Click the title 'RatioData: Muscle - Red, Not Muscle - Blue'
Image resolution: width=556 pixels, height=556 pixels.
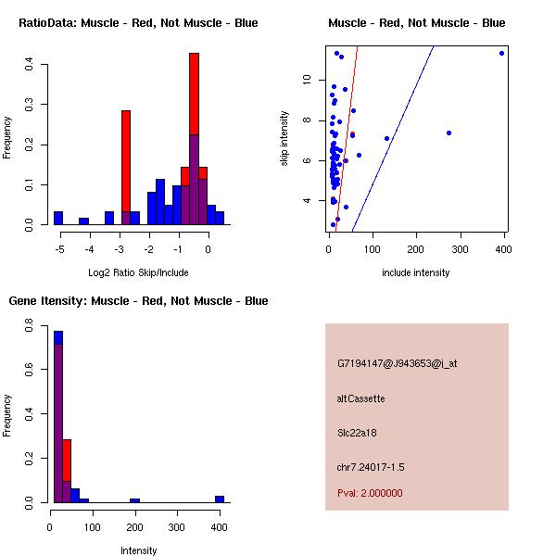pyautogui.click(x=138, y=22)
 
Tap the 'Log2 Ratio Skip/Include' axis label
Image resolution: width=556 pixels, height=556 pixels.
pyautogui.click(x=138, y=272)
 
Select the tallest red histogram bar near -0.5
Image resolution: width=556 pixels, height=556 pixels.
pyautogui.click(x=195, y=93)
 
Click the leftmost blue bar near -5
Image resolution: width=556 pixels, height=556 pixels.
pyautogui.click(x=58, y=218)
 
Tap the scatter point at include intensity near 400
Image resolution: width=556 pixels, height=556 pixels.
pyautogui.click(x=501, y=53)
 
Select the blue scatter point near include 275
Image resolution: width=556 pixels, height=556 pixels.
pyautogui.click(x=449, y=133)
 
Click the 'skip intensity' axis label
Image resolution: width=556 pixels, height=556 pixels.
pyautogui.click(x=285, y=139)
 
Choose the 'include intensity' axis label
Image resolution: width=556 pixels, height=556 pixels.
pyautogui.click(x=416, y=272)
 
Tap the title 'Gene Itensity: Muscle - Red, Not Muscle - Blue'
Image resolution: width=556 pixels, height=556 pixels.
pyautogui.click(x=138, y=300)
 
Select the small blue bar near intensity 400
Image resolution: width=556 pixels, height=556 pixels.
pyautogui.click(x=220, y=499)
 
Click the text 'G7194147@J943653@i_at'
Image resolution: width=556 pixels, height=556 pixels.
pyautogui.click(x=398, y=363)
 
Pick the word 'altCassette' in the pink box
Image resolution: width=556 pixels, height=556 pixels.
pyautogui.click(x=360, y=398)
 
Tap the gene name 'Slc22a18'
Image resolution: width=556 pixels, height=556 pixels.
pyautogui.click(x=358, y=432)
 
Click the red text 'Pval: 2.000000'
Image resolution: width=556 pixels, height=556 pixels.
pyautogui.click(x=370, y=493)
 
